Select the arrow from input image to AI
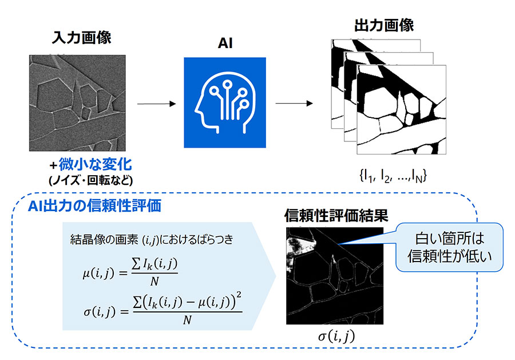(x=156, y=104)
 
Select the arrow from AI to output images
(x=294, y=104)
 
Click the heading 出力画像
(x=377, y=26)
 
